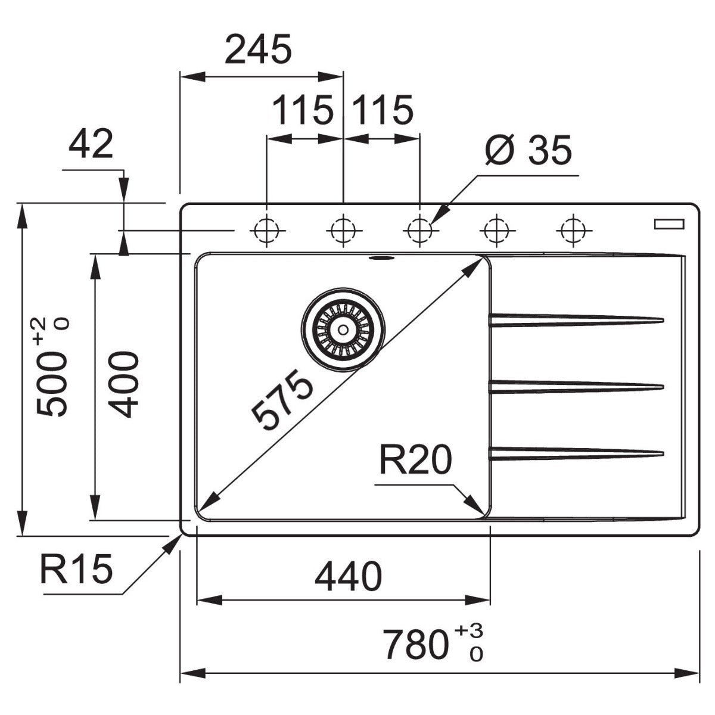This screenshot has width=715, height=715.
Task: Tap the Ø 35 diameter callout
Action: [528, 150]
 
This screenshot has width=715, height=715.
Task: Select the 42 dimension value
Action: [91, 145]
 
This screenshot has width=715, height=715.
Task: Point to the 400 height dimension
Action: [125, 384]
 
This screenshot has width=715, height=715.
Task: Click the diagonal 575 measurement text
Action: [282, 399]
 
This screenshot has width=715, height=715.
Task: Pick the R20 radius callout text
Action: [415, 461]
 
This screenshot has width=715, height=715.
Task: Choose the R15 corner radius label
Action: [76, 569]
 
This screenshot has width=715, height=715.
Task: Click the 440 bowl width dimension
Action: [349, 576]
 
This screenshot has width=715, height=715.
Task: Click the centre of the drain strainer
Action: [343, 329]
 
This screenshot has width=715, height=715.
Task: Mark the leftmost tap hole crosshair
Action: [266, 229]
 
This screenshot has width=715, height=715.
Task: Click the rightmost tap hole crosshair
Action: [573, 229]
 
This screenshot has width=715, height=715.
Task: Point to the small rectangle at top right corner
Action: [670, 224]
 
